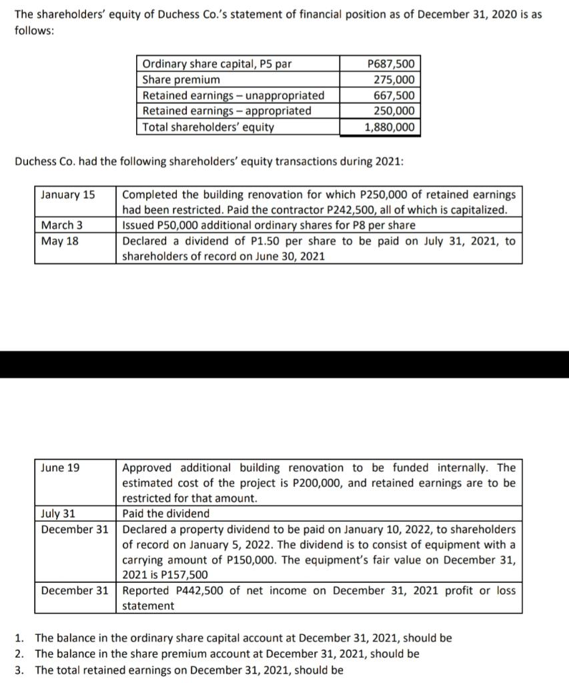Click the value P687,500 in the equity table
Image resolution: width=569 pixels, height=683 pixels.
coord(391,65)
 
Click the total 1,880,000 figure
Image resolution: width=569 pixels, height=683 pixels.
coord(390,127)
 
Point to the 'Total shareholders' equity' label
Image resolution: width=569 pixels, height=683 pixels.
coord(208,127)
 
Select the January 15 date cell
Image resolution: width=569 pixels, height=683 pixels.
coord(68,195)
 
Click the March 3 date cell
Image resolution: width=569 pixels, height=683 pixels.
coord(63,225)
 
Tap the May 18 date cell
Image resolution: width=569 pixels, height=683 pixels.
coord(60,241)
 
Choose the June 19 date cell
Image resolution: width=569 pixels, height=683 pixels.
coord(60,468)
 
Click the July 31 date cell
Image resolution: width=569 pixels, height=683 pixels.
coord(58,514)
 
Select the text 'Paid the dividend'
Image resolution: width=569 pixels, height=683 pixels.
coord(165,514)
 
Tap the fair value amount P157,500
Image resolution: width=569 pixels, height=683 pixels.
coord(183,575)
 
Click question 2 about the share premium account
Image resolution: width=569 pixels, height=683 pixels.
coord(227,654)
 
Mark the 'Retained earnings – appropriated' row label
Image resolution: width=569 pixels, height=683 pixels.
coord(227,111)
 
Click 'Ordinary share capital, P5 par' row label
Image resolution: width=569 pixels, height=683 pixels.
coord(217,65)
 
